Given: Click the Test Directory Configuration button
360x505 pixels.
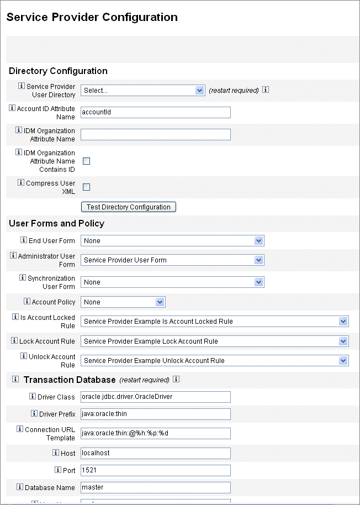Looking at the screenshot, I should [129, 207].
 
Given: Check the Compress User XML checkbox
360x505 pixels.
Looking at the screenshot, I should [86, 187].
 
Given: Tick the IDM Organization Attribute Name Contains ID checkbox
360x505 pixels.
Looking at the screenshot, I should [86, 161].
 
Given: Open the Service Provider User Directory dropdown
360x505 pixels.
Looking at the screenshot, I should [143, 91].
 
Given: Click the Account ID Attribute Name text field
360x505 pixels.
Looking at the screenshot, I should [155, 113].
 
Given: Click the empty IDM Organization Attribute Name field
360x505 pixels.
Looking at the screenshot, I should [155, 135].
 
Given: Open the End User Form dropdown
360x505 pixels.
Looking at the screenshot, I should [172, 241].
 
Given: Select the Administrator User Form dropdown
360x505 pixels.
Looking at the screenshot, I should [172, 260].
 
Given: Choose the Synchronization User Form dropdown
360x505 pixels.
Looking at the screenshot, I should [172, 282].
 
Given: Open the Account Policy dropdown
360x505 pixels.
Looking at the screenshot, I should [123, 302].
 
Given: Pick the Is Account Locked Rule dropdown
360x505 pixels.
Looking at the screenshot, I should [215, 322].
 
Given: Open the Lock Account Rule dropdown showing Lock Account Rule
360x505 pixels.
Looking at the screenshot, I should [215, 341].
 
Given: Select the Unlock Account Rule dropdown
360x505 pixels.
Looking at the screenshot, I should [215, 361].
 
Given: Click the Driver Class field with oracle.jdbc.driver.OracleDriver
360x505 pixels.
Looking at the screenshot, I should [155, 397].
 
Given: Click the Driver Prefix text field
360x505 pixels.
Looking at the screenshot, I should [155, 414].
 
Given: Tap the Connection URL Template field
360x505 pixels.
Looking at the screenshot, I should [155, 433].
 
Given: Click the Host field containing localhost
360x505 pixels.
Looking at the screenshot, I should [155, 453].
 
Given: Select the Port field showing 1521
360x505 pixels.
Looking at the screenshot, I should [155, 470].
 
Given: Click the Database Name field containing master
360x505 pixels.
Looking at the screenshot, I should [155, 487].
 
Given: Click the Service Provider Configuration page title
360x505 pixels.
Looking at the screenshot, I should [92, 17].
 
